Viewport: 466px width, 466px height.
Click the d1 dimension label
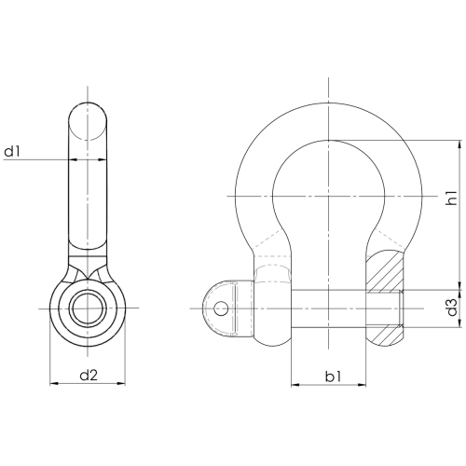coord(12,152)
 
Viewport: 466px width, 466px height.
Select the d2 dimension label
coord(89,376)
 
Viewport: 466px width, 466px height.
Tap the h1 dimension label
coord(451,198)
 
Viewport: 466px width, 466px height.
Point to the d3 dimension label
coord(452,308)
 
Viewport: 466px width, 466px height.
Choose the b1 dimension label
coord(333,377)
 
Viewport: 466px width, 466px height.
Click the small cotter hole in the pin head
coord(221,308)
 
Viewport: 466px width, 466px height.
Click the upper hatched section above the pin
coord(386,270)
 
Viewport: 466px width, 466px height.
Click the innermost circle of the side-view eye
coord(88,308)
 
